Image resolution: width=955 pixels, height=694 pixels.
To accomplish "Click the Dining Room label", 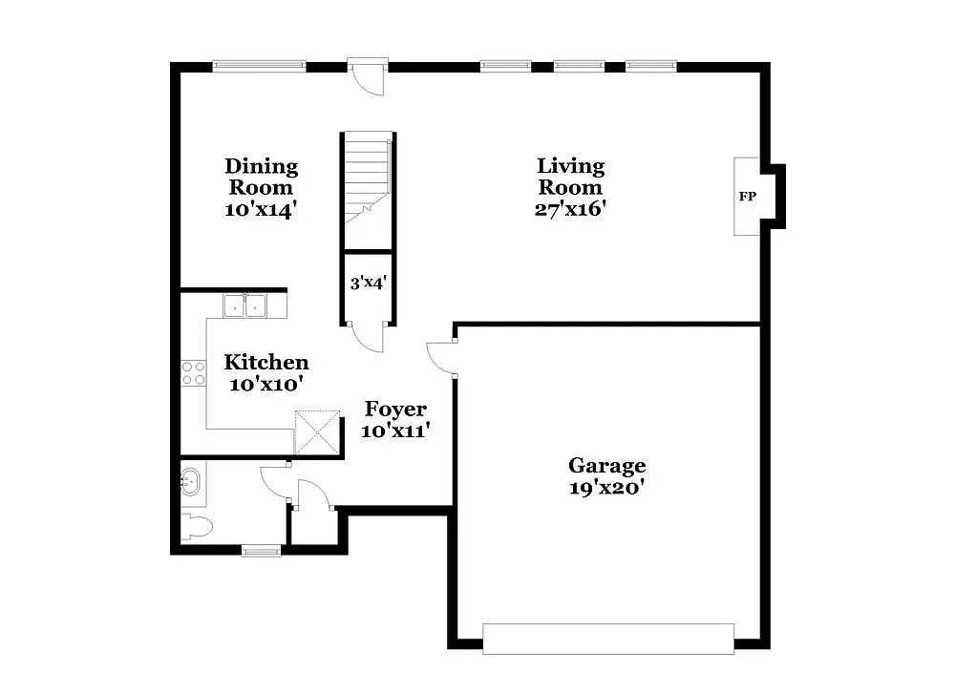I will pos(261,178).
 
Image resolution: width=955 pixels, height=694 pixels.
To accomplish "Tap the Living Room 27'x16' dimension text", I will pos(570,209).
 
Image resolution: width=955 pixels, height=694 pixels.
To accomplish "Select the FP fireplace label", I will pos(747,197).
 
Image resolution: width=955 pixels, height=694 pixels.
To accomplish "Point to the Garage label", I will pos(606,466).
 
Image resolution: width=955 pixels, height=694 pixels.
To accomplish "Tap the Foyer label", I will pos(395,410).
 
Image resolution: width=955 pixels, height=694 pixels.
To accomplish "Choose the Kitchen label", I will pos(265,363).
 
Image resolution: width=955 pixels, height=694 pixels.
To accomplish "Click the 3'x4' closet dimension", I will pos(368,283).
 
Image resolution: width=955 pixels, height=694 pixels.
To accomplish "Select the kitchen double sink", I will pos(245,305).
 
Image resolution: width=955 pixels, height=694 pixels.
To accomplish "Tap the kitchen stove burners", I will pos(194,372).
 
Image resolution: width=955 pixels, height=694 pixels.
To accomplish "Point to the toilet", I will pos(196,526).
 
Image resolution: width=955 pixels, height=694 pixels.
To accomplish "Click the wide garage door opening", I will pos(607,639).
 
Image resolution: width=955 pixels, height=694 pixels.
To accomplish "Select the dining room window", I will pos(259,66).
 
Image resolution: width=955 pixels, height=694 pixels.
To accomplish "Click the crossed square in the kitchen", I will pos(317,431).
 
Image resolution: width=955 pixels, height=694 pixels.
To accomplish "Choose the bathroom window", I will pos(261,550).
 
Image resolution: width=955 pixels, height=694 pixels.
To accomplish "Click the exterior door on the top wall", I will pos(368,76).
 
